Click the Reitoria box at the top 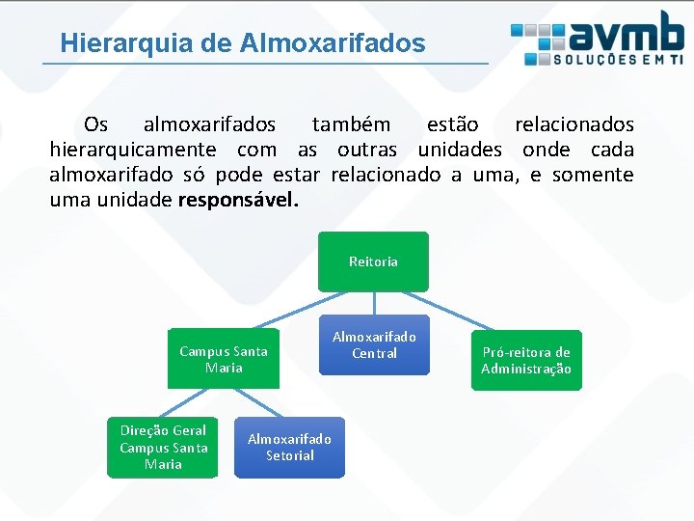[373, 261]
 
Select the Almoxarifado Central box [374, 344]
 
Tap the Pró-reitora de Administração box [526, 360]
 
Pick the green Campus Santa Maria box [224, 359]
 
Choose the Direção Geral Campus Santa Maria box [163, 447]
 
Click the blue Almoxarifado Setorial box [289, 447]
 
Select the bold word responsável [239, 201]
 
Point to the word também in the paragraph [351, 124]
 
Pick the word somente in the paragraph [592, 175]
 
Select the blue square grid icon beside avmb [538, 40]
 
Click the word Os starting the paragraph [96, 124]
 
